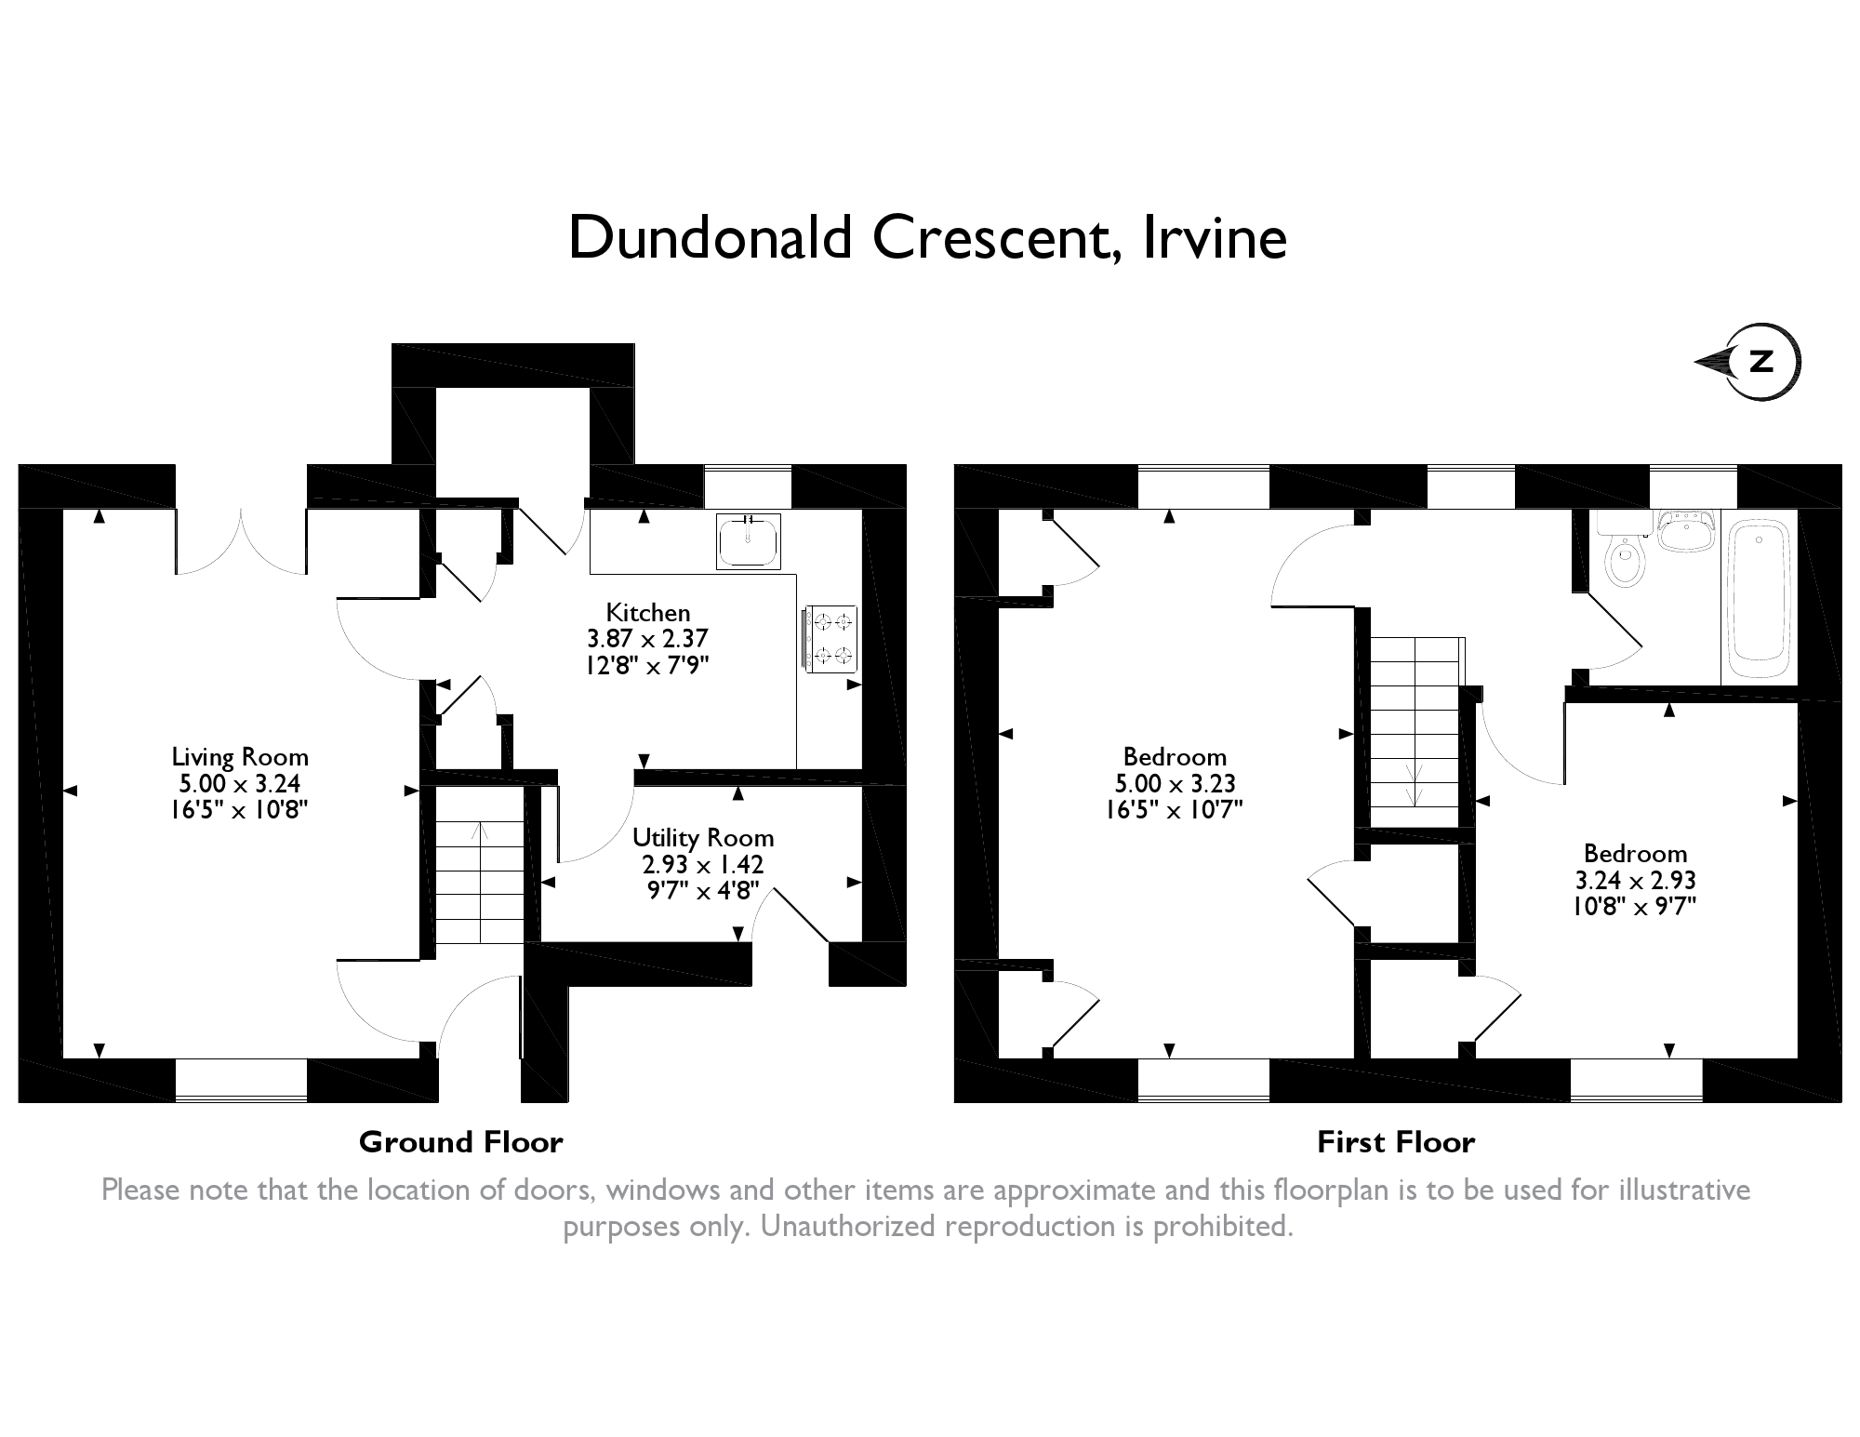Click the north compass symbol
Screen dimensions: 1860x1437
pyautogui.click(x=1748, y=362)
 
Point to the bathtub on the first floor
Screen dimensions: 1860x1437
pyautogui.click(x=1759, y=599)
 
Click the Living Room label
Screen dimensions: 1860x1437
pyautogui.click(x=240, y=757)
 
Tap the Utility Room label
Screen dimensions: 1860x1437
pyautogui.click(x=703, y=838)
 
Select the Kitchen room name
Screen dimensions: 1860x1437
pyautogui.click(x=648, y=613)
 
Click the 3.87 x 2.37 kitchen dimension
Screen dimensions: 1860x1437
pyautogui.click(x=648, y=639)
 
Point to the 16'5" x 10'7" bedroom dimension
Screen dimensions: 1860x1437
pyautogui.click(x=1175, y=810)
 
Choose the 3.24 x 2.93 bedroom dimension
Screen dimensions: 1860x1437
pyautogui.click(x=1635, y=880)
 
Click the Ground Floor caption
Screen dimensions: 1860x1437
pyautogui.click(x=461, y=1142)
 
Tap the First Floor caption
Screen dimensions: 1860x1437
pyautogui.click(x=1396, y=1142)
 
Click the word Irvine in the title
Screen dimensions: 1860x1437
pyautogui.click(x=1214, y=238)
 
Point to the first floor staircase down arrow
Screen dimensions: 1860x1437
pyautogui.click(x=1415, y=786)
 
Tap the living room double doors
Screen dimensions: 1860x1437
pyautogui.click(x=241, y=542)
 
